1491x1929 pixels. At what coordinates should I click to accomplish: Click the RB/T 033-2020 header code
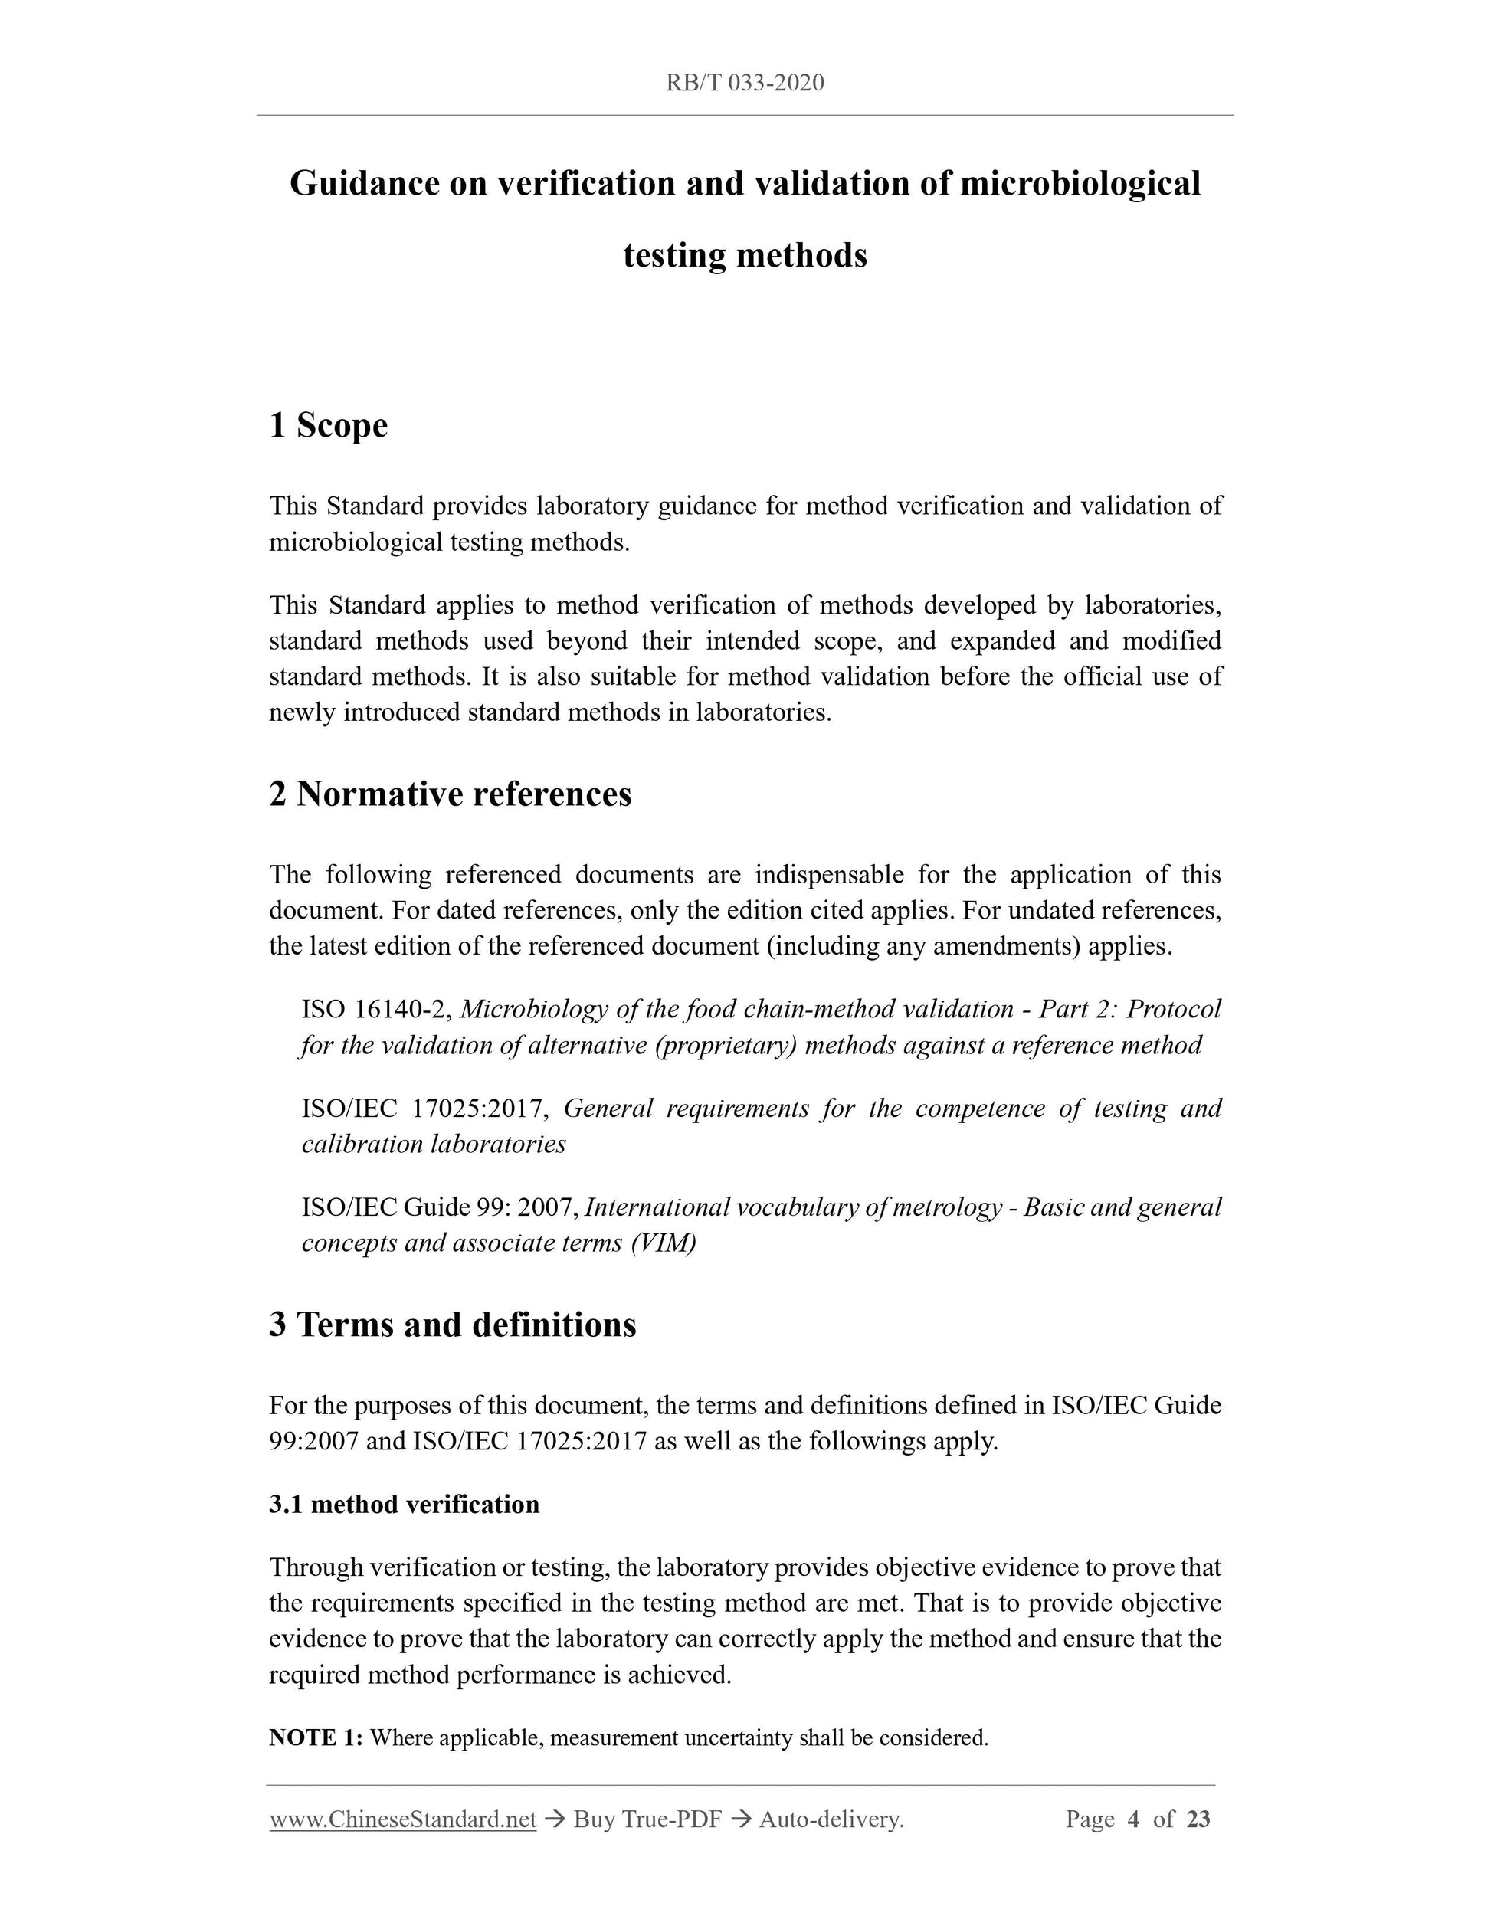pyautogui.click(x=745, y=83)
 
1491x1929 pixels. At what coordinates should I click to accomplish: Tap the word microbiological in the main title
pyautogui.click(x=1080, y=184)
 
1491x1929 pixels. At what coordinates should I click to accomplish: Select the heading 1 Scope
pyautogui.click(x=329, y=426)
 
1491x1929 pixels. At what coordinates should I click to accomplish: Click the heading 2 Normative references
pyautogui.click(x=451, y=794)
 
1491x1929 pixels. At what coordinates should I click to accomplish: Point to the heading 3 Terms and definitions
pyautogui.click(x=452, y=1324)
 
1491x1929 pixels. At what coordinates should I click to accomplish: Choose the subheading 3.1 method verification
pyautogui.click(x=404, y=1503)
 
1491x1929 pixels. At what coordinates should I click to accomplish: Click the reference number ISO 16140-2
pyautogui.click(x=375, y=1009)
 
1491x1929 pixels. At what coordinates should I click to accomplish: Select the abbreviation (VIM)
pyautogui.click(x=664, y=1243)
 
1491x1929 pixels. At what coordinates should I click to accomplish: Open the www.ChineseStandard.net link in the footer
pyautogui.click(x=403, y=1819)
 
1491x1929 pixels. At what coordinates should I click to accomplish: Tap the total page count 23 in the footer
pyautogui.click(x=1198, y=1819)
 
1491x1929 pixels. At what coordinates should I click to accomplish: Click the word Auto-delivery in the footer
pyautogui.click(x=831, y=1819)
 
